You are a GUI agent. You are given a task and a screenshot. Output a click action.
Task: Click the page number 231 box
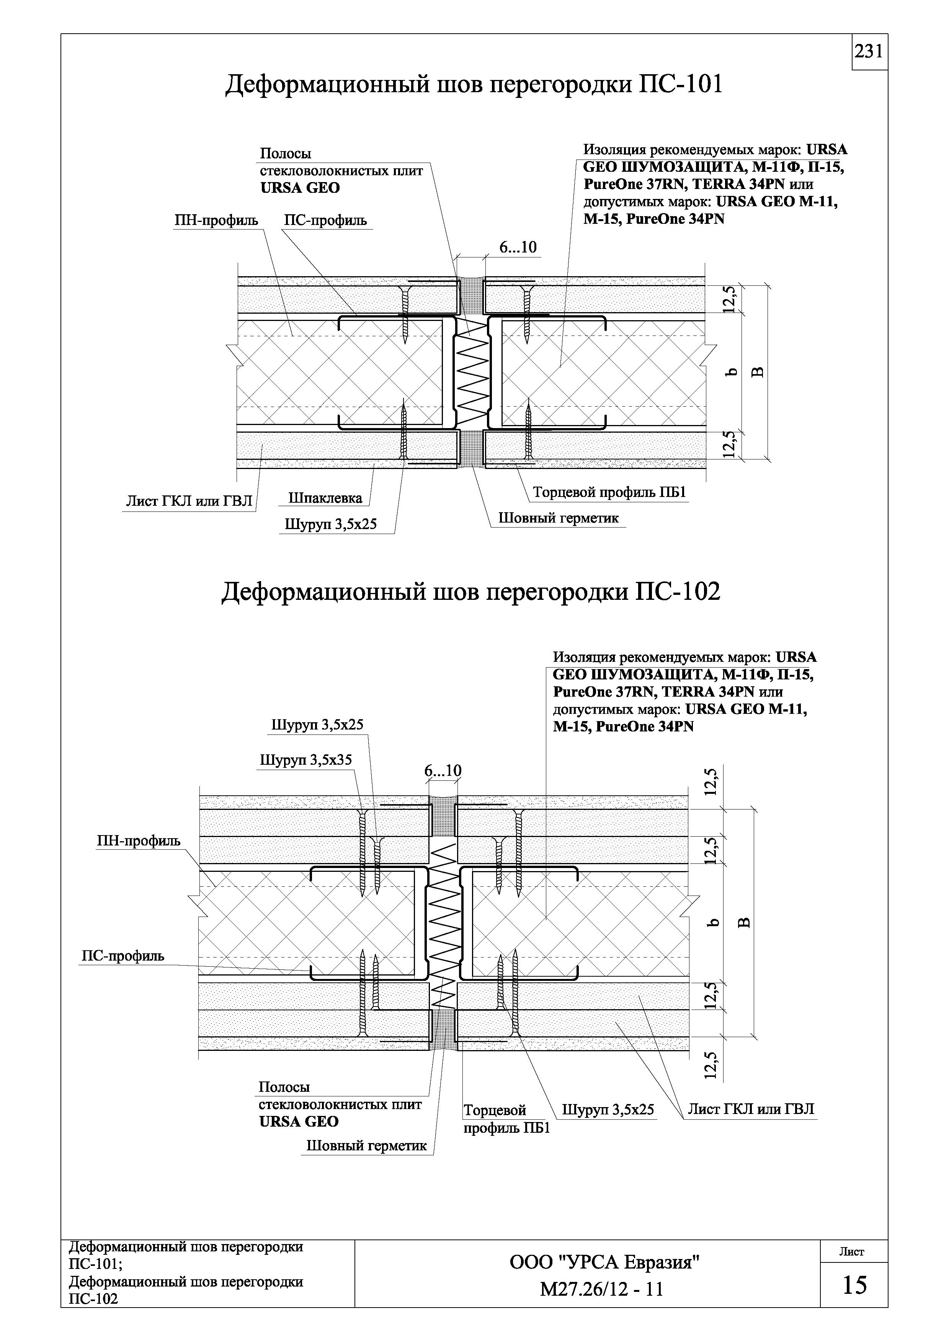[x=869, y=52]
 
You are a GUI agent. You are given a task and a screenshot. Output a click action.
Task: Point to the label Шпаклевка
[x=325, y=498]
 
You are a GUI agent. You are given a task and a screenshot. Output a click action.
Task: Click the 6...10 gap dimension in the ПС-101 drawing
[x=518, y=247]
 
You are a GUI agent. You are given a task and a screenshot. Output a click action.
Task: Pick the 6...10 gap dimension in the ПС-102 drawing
[x=443, y=771]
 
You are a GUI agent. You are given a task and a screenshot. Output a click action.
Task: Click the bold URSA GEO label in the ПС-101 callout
[x=299, y=188]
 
